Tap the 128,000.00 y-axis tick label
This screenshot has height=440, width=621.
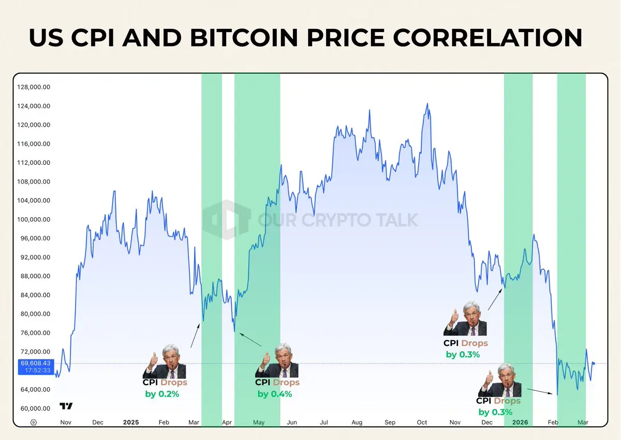(x=34, y=87)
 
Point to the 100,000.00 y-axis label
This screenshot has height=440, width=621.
(x=34, y=219)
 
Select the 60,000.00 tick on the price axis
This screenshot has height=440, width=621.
(x=34, y=408)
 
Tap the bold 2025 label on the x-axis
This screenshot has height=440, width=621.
(x=131, y=422)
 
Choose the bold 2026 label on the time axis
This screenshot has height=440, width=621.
(x=520, y=422)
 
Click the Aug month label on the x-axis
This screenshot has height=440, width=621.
(x=357, y=422)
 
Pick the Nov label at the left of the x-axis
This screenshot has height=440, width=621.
(x=66, y=422)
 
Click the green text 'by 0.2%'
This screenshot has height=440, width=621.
(x=162, y=394)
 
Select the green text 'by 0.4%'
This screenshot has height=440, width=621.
(x=275, y=394)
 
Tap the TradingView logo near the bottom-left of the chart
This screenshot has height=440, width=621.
(x=66, y=406)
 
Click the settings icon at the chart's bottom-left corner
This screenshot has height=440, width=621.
(x=34, y=422)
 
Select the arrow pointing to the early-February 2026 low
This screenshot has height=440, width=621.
(x=538, y=391)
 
